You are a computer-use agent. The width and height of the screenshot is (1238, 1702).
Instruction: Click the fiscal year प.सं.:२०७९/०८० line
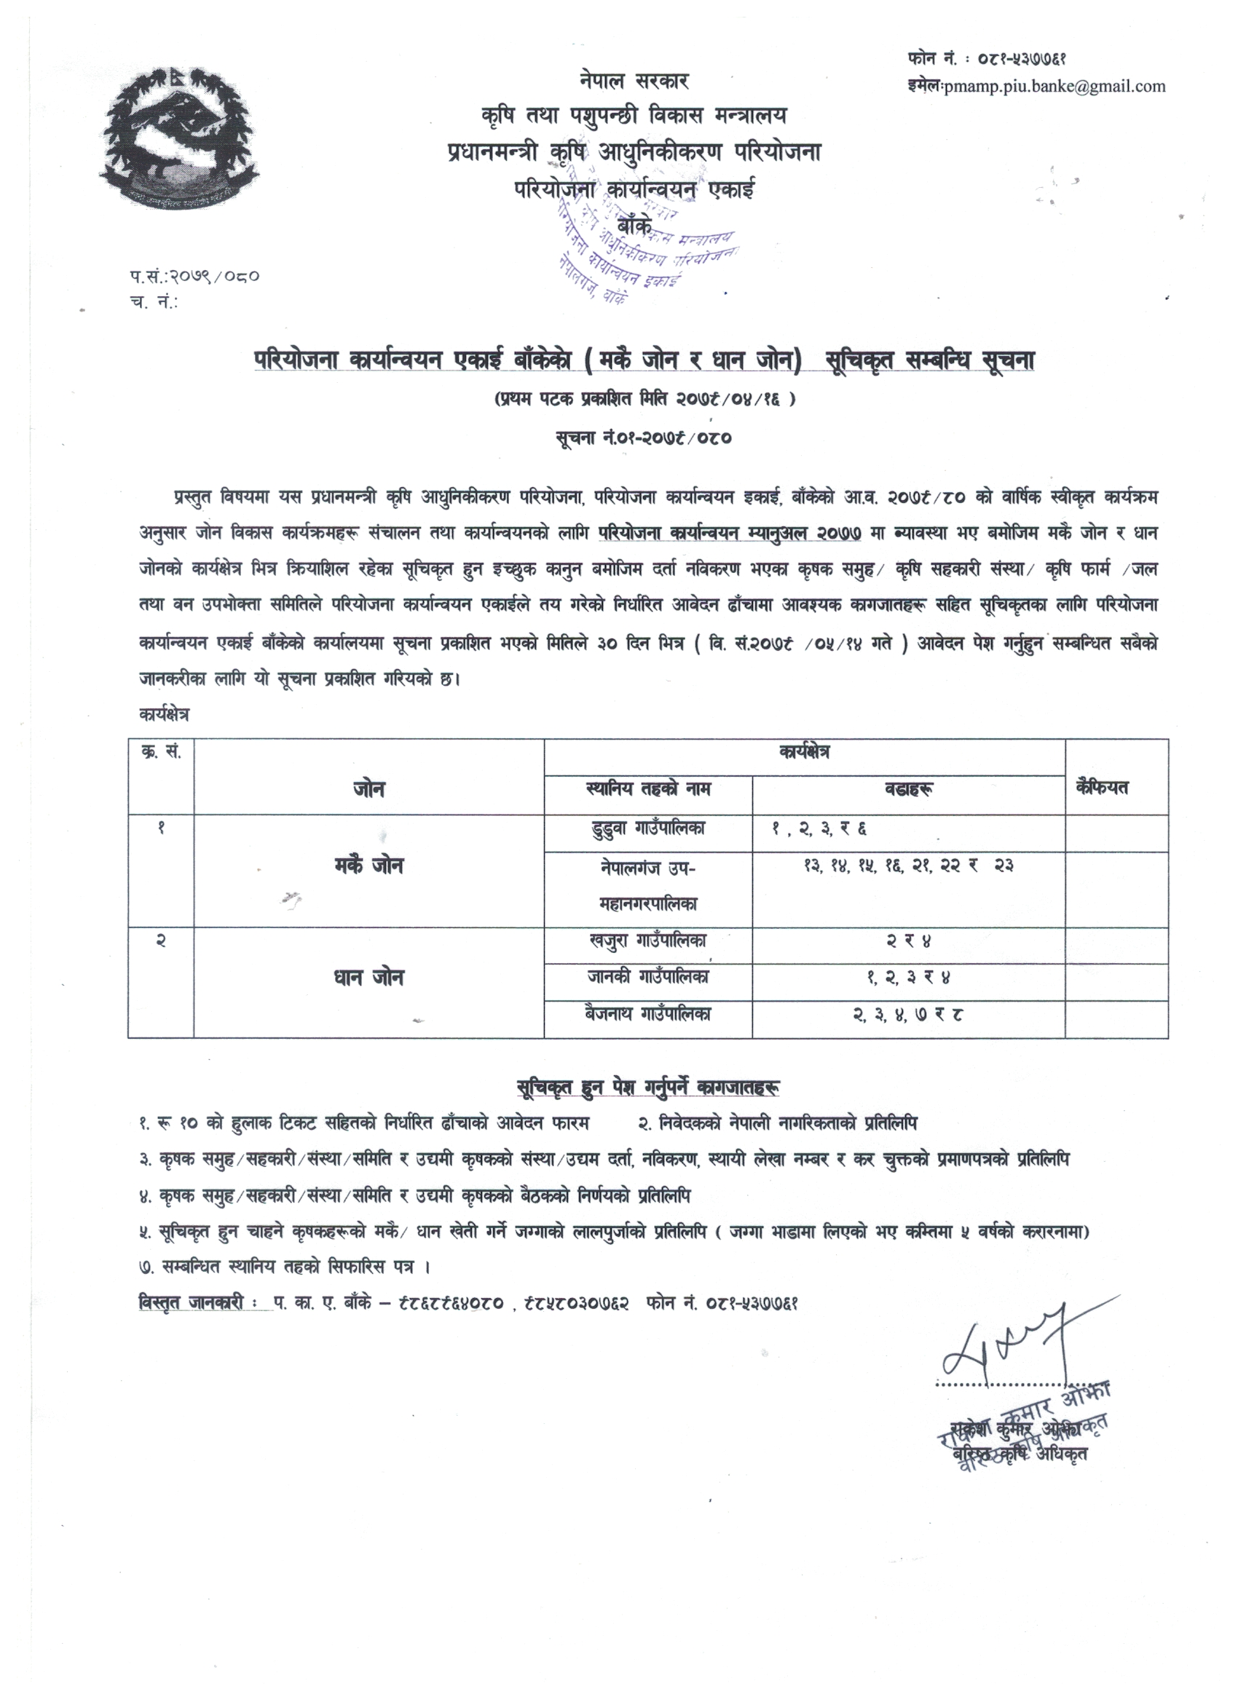194,276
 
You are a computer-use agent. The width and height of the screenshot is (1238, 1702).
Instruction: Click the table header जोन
368,788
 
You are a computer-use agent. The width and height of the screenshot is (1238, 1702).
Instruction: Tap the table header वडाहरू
908,788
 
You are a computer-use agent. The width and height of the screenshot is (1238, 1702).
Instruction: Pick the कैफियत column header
1102,787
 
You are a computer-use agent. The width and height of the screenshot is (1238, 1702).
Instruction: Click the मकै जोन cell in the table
368,866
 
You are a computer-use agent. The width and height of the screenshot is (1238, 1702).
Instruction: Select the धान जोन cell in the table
368,978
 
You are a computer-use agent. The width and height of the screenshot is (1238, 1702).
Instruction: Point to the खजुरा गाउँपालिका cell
648,941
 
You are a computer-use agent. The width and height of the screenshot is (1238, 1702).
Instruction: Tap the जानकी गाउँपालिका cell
648,977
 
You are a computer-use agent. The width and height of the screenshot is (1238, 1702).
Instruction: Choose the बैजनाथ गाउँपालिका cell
648,1014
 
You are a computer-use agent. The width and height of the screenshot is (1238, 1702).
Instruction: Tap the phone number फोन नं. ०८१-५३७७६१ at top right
988,58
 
